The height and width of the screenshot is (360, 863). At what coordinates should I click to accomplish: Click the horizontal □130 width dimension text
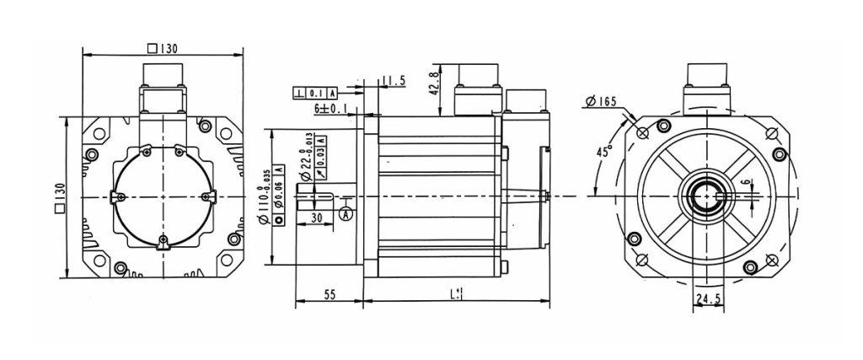point(162,48)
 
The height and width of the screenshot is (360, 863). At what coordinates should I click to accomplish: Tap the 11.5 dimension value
point(394,81)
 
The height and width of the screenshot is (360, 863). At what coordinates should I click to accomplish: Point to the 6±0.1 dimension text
point(331,109)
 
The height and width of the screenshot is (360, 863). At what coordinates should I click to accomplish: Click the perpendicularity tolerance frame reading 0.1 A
point(316,93)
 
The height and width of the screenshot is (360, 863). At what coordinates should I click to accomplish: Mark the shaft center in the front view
point(705,196)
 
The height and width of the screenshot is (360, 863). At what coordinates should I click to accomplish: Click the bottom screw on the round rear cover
point(163,244)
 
